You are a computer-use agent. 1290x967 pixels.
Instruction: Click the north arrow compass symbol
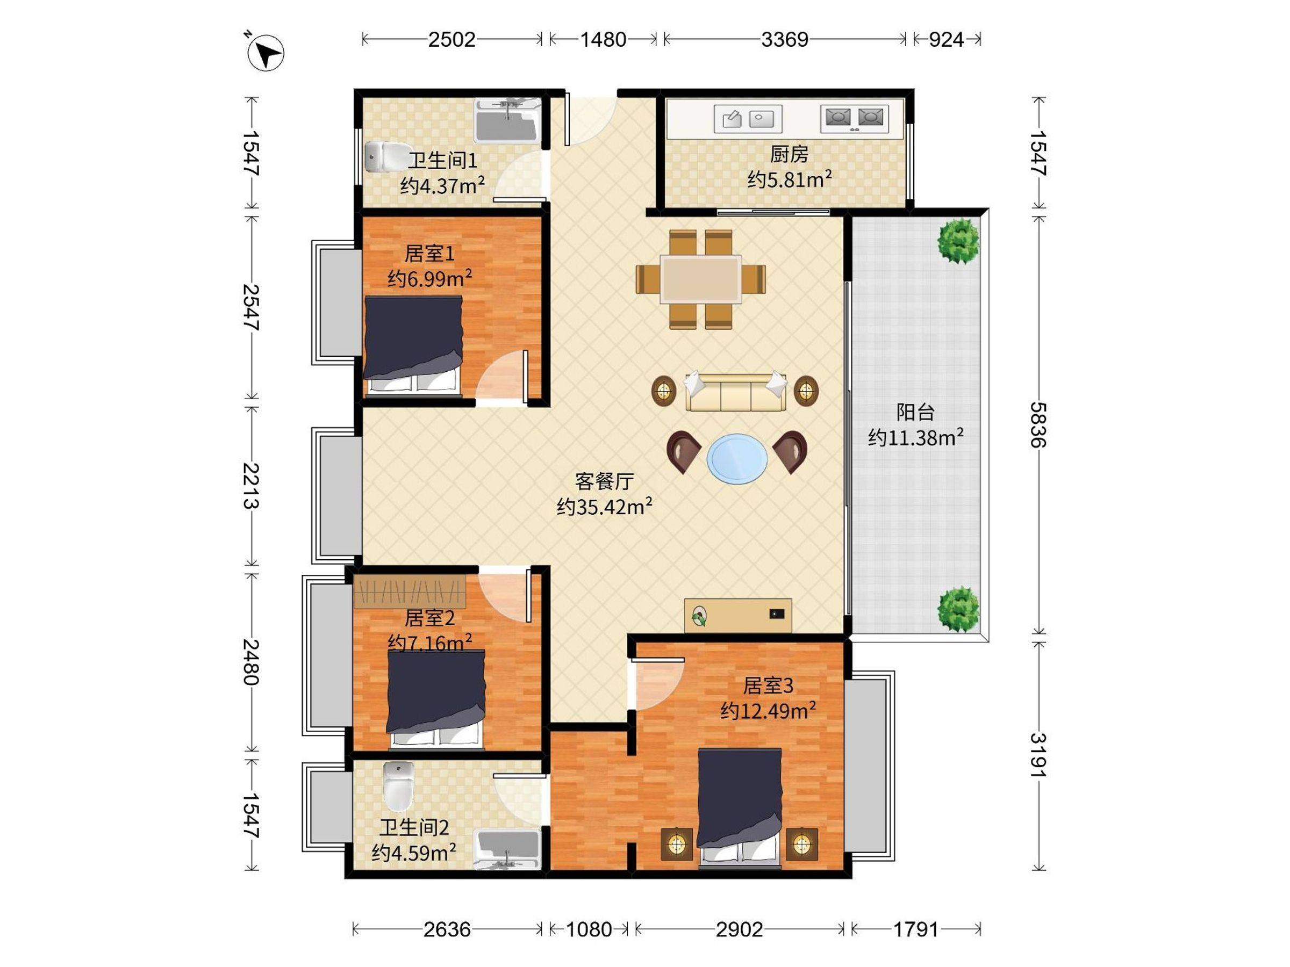point(266,53)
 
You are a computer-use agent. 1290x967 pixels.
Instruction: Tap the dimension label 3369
point(784,40)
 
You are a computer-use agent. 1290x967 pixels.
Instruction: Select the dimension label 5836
point(1038,425)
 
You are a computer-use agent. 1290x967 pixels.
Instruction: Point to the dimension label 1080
point(589,929)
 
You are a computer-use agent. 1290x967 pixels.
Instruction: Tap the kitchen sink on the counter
point(748,119)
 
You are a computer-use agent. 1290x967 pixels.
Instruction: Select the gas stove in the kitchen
point(855,119)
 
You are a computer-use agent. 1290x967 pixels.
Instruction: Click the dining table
point(700,279)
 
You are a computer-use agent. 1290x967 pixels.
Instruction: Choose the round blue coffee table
point(737,458)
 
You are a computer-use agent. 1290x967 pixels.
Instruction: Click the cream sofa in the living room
point(735,392)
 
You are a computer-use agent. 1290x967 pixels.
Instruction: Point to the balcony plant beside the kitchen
point(958,241)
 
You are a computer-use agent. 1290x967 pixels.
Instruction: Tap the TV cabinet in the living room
point(738,615)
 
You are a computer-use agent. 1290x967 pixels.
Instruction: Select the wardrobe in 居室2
point(410,591)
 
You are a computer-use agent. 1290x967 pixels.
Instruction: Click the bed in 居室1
point(413,345)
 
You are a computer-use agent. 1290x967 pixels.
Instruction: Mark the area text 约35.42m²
point(604,507)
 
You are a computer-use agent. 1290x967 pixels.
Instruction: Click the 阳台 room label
point(915,412)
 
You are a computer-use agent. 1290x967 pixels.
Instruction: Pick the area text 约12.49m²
point(768,711)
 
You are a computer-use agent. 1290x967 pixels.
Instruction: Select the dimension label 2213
point(252,486)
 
